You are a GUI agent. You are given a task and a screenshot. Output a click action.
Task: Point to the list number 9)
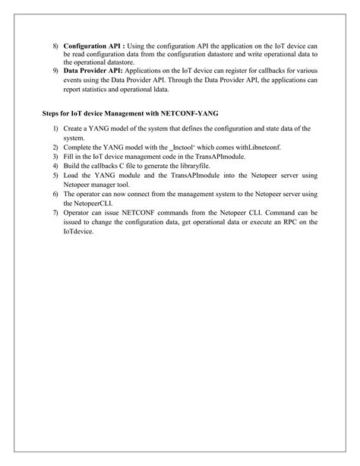click(x=55, y=69)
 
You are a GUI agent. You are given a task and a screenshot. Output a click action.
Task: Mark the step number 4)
click(x=55, y=163)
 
